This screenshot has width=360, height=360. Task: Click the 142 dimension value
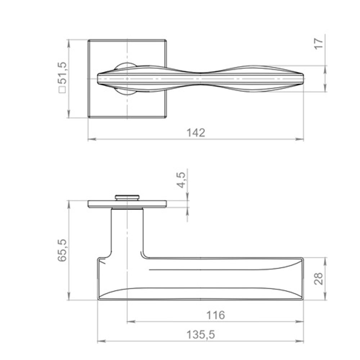tap(196, 132)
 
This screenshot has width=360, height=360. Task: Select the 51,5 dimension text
tap(62, 74)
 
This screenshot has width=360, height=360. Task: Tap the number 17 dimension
tap(319, 43)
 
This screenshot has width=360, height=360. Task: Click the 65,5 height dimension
tap(62, 250)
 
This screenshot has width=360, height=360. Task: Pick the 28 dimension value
tap(319, 278)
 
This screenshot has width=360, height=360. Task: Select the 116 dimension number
tap(215, 315)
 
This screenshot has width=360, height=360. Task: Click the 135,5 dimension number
tap(201, 335)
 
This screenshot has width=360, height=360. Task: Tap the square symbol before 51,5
tap(62, 90)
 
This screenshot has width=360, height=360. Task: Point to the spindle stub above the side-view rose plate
tap(127, 197)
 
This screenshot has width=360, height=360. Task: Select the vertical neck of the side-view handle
tap(127, 230)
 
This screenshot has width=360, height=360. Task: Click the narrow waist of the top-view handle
tap(200, 78)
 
